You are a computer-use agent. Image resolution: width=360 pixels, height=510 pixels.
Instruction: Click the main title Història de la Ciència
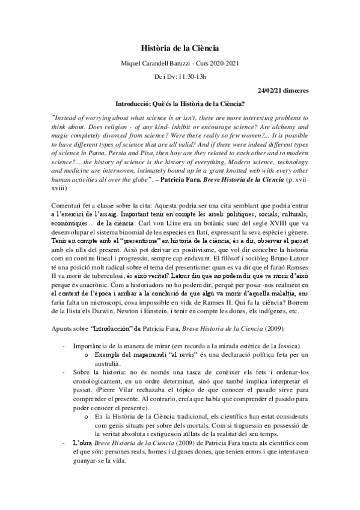(x=179, y=47)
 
